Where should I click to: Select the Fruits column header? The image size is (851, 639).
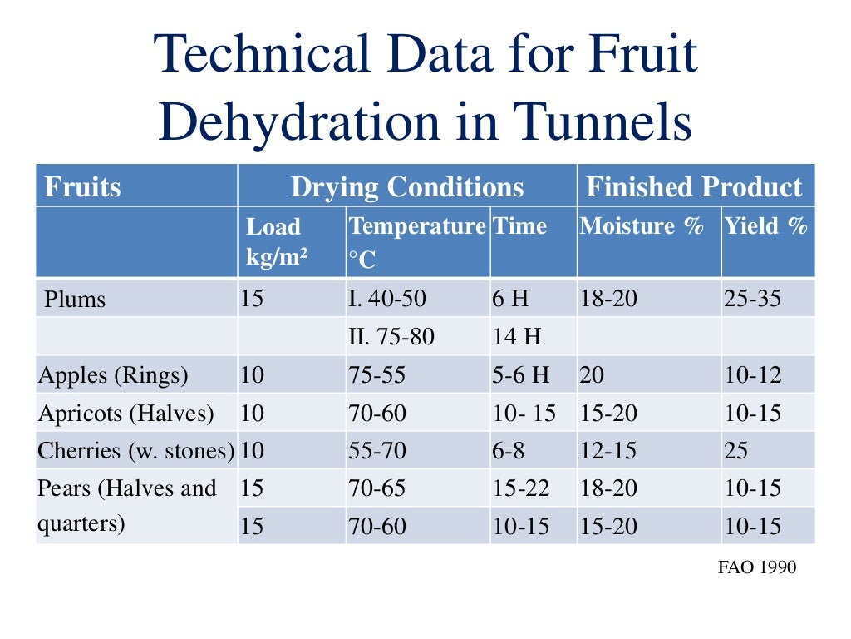tap(82, 186)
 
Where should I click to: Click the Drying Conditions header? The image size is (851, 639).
tap(407, 186)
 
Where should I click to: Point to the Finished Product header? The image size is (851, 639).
tap(695, 186)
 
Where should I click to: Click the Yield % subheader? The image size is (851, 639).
tap(765, 226)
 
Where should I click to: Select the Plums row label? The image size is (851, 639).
tap(75, 299)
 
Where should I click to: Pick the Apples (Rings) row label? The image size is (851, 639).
tap(113, 375)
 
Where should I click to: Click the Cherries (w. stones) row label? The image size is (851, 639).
tap(135, 451)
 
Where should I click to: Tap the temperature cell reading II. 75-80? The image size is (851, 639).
tap(391, 337)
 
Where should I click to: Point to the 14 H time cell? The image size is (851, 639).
tap(516, 337)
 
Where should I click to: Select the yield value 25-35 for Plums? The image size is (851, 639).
tap(753, 299)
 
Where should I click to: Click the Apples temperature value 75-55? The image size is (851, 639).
tap(377, 375)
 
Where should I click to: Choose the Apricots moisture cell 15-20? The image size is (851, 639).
tap(608, 413)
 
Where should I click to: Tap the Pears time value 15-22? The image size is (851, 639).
tap(521, 488)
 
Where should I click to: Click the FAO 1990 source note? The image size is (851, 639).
tap(756, 567)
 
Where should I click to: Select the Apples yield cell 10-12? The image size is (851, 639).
tap(753, 375)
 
